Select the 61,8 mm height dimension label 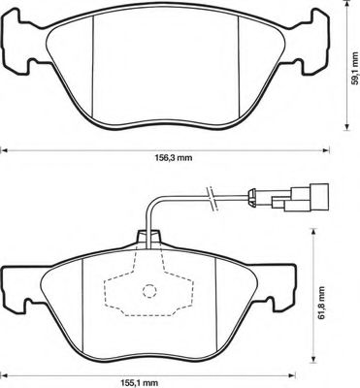321,303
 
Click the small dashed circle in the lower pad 149,291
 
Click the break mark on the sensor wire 212,199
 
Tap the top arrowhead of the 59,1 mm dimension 346,3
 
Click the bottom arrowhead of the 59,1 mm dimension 346,127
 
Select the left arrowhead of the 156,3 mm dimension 4,150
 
